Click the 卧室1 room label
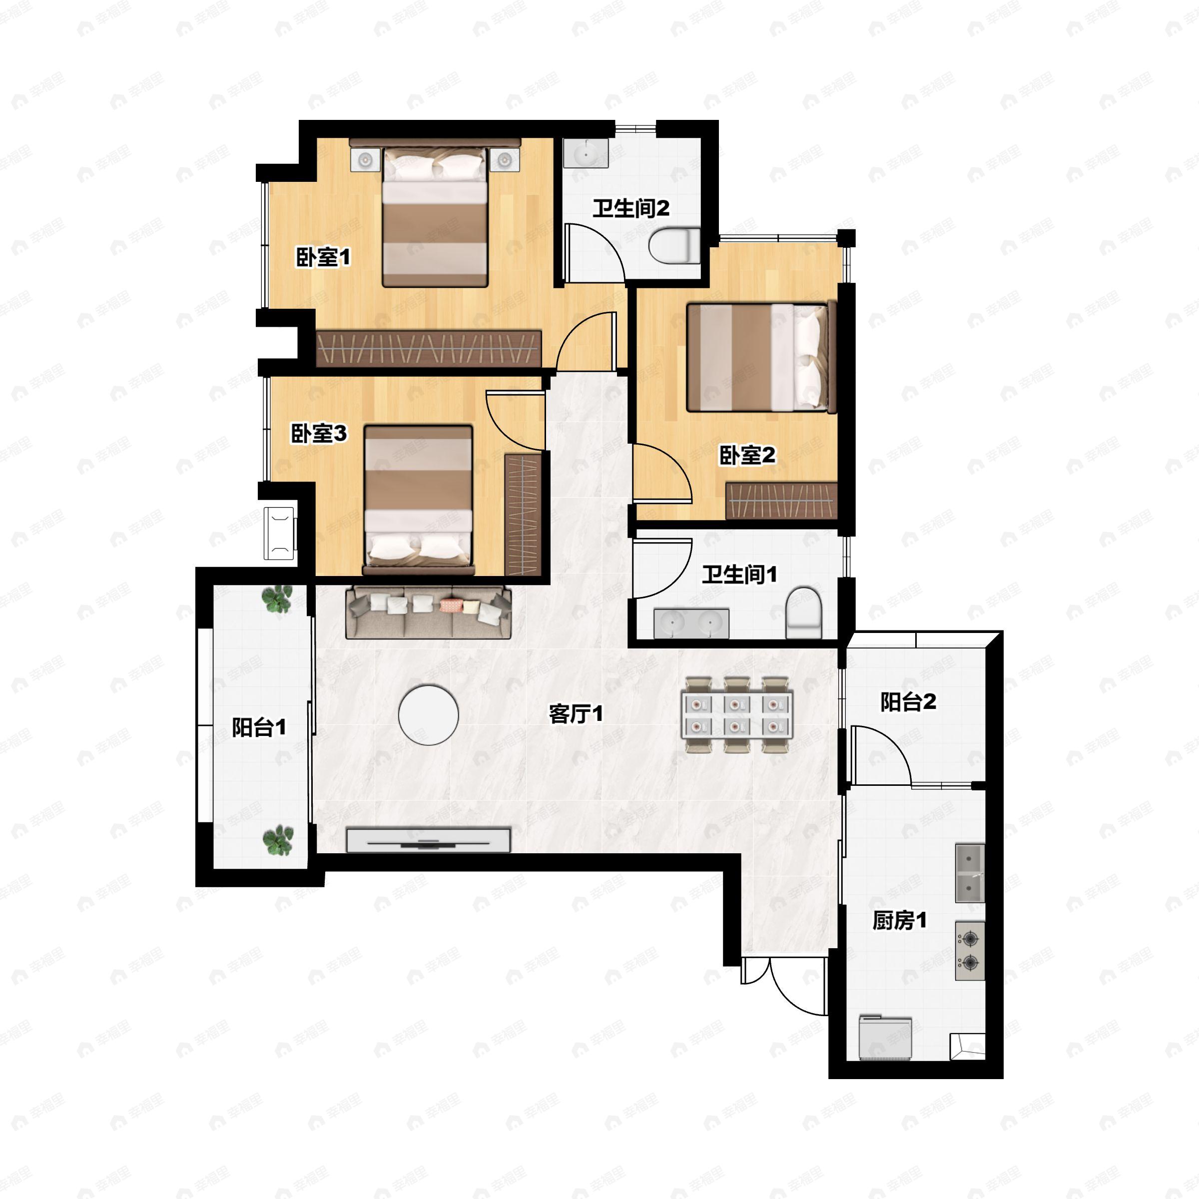pos(323,257)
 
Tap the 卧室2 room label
pos(747,456)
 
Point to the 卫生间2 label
pos(631,208)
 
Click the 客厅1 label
pos(576,714)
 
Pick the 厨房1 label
pos(899,920)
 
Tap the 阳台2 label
pos(908,702)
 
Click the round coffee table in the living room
pos(428,715)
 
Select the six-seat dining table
pos(737,715)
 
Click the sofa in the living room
pos(428,612)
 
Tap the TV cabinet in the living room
pos(428,840)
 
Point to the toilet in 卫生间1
pos(804,613)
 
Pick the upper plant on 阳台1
pos(277,599)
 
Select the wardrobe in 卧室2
pos(782,501)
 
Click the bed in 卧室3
pos(419,500)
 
